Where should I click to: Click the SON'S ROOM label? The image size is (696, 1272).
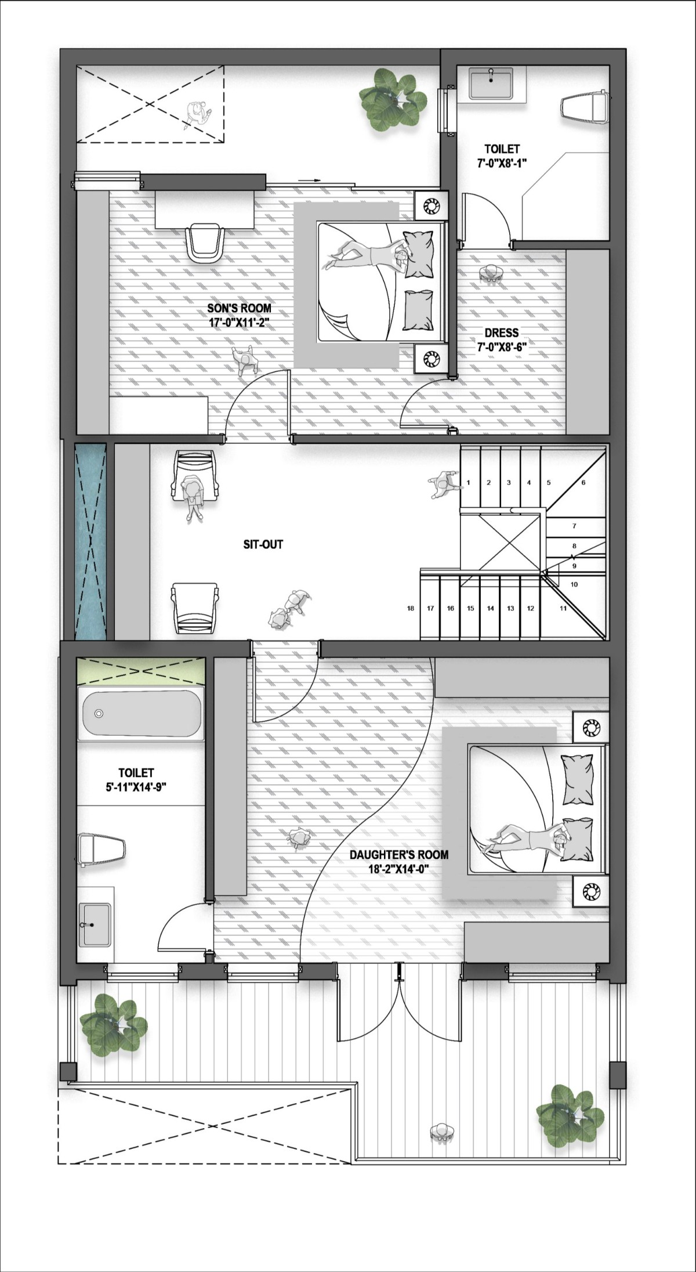pos(240,308)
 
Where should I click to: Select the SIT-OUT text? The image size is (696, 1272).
pos(263,544)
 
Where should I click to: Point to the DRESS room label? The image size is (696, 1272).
pos(502,333)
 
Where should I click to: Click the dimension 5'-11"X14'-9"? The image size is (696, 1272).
pos(136,787)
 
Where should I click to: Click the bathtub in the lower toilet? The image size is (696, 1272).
pos(141,715)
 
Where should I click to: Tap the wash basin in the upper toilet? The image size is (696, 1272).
pos(491,83)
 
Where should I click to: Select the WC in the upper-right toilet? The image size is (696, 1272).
pos(585,107)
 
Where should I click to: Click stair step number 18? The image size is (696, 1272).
pos(411,608)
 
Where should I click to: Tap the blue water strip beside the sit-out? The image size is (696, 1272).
pos(90,541)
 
